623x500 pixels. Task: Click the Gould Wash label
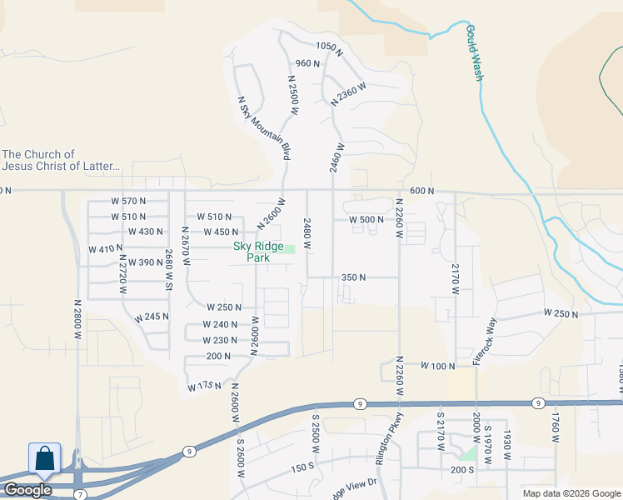pos(474,53)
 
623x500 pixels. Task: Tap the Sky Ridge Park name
pos(252,252)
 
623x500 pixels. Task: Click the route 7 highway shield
pos(80,494)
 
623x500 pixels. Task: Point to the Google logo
pos(27,490)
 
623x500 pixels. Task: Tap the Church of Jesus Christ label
pos(62,160)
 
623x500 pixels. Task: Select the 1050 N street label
pos(330,47)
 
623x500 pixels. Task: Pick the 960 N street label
pos(308,63)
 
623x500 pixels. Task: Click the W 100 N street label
pos(440,366)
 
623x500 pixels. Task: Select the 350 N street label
pos(354,277)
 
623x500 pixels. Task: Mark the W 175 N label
pos(204,386)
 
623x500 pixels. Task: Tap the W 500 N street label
pos(366,220)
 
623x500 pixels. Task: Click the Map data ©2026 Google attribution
pos(571,493)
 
